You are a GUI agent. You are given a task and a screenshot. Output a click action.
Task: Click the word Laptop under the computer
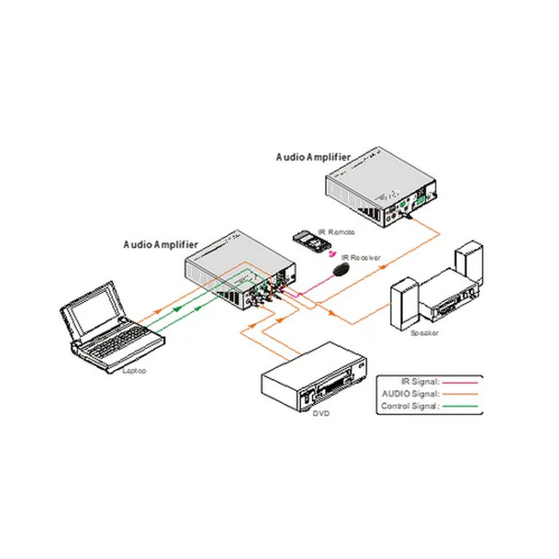point(134,371)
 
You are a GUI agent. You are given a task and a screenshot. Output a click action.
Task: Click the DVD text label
point(321,413)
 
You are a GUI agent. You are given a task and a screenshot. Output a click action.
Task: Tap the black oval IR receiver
point(341,270)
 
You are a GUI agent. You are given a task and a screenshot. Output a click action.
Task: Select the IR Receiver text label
point(361,257)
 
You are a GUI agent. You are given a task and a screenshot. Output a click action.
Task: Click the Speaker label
point(424,333)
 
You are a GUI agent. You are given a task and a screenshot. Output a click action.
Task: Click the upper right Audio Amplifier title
point(313,157)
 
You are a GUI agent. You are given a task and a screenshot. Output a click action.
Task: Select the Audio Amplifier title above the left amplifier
point(161,245)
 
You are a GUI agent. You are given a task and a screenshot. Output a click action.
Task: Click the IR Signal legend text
point(421,382)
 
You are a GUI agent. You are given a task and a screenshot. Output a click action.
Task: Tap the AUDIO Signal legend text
point(411,394)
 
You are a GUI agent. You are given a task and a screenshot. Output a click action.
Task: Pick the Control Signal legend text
point(410,406)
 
